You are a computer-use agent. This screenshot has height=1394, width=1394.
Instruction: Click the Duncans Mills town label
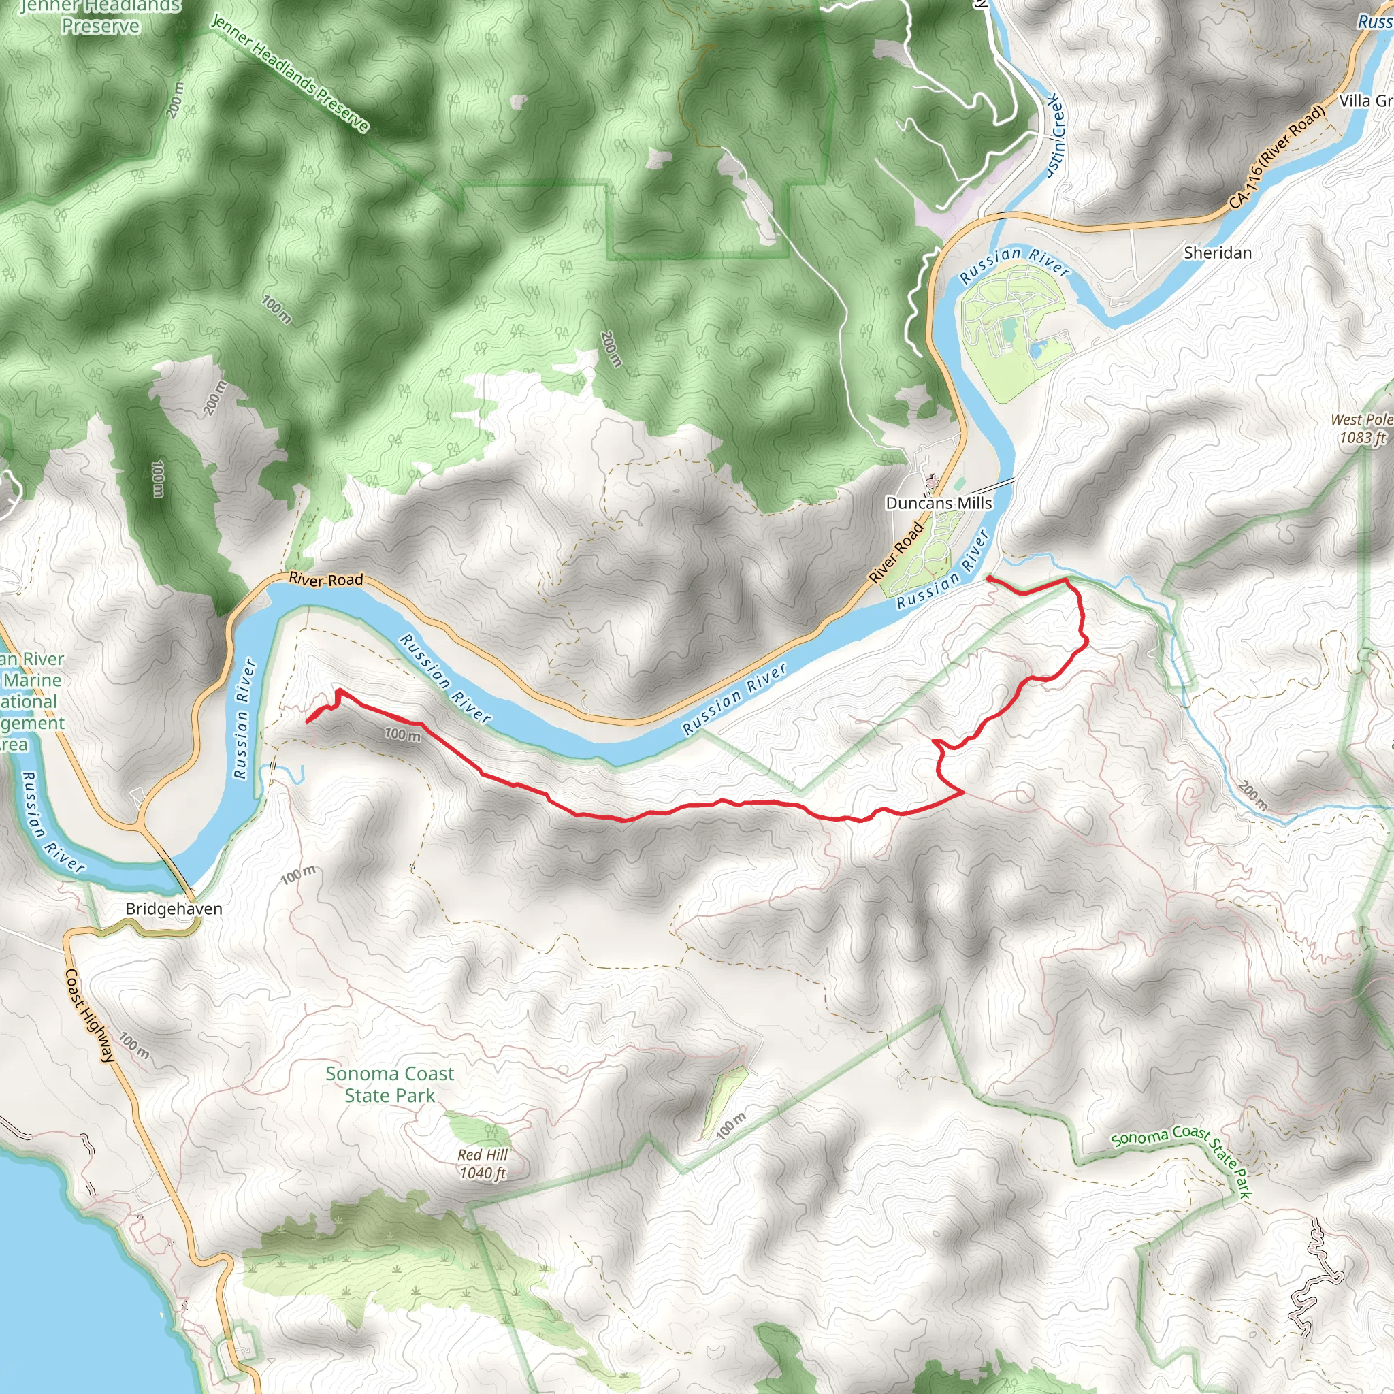click(939, 503)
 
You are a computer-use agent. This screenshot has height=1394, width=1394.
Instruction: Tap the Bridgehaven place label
click(174, 909)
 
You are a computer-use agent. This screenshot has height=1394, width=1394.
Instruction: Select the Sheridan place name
click(1218, 253)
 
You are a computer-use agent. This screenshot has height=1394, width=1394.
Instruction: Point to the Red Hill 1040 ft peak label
click(483, 1164)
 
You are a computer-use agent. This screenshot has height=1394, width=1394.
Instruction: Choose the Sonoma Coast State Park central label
click(389, 1084)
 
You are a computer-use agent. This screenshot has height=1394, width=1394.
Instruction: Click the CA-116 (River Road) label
click(1278, 157)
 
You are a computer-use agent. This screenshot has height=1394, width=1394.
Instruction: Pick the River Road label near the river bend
click(326, 579)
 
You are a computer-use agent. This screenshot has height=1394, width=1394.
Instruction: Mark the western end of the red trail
click(308, 721)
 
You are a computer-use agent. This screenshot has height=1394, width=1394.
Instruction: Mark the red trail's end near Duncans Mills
click(988, 579)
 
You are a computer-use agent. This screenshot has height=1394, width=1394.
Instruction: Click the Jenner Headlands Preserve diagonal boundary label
click(290, 74)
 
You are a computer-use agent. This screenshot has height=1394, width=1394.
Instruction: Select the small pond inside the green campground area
click(1038, 351)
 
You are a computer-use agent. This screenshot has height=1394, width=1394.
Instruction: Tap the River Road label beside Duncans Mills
click(896, 553)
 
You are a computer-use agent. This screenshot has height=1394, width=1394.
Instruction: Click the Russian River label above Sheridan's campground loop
click(1014, 263)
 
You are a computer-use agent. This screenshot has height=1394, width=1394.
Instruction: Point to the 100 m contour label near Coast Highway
click(134, 1045)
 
